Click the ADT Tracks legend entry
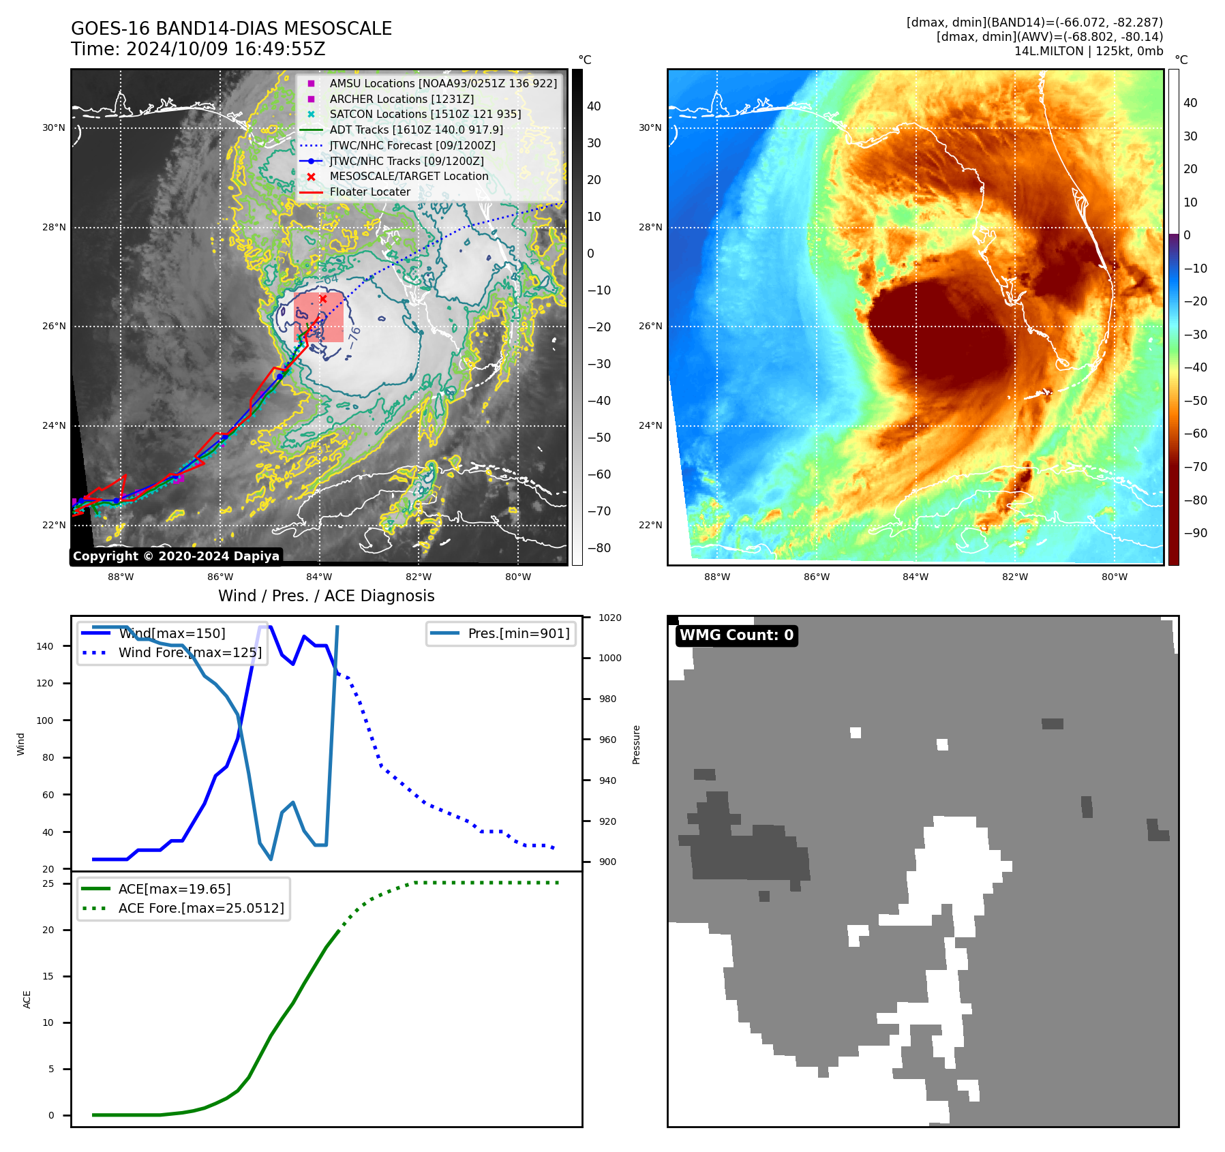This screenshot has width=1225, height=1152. coord(416,130)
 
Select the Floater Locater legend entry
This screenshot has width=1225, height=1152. coord(369,192)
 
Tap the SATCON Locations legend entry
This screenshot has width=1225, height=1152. coord(425,114)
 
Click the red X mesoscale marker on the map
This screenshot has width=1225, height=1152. coord(323,299)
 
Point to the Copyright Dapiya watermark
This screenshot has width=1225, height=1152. coord(176,556)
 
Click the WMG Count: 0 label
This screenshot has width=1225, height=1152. coord(736,635)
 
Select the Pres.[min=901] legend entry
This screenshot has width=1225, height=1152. coord(518,633)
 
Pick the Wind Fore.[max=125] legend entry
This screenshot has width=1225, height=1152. coord(190,652)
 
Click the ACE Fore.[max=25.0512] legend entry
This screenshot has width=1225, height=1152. coord(200,908)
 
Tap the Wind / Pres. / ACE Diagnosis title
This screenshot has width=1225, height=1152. coord(326,596)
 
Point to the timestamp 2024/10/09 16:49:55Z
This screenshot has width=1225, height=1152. coord(226,50)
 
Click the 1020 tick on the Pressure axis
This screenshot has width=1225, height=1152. coord(609,618)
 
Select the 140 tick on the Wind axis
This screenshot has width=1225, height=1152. coord(45,646)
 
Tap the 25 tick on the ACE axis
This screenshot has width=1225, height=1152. coord(48,883)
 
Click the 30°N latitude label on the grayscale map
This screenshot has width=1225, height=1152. coord(54,127)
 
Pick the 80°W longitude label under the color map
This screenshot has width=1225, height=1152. coord(1114,577)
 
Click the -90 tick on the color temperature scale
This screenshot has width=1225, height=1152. coord(1195,533)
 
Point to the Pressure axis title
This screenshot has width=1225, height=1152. coord(636,744)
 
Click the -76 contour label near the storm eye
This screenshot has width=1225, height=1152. coord(354,336)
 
